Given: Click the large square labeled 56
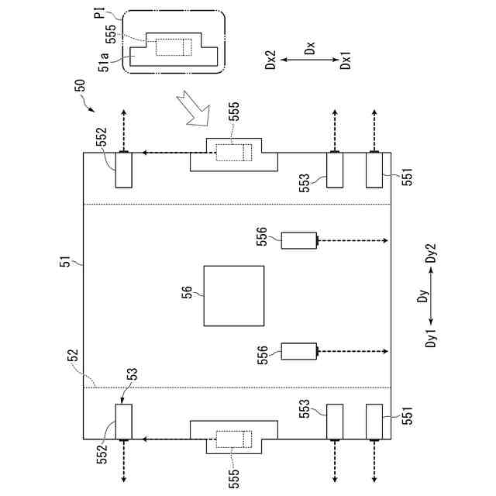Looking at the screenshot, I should tap(233, 296).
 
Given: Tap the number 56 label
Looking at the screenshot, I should tap(187, 291).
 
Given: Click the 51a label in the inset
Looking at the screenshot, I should tap(107, 63).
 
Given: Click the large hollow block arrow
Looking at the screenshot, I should tap(193, 108).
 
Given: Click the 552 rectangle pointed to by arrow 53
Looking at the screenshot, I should tap(124, 421).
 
